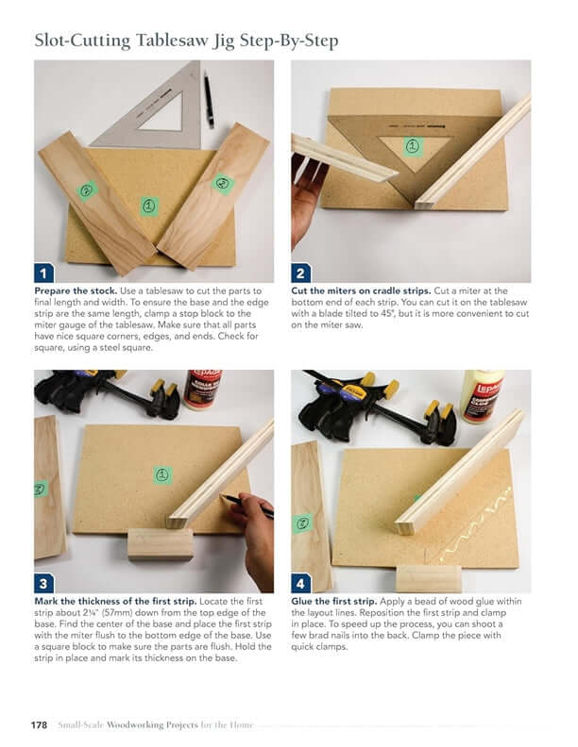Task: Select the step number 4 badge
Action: (301, 583)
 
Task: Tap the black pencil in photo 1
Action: (208, 100)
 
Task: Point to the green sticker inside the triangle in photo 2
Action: (414, 145)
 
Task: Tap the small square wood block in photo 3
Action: (161, 543)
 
